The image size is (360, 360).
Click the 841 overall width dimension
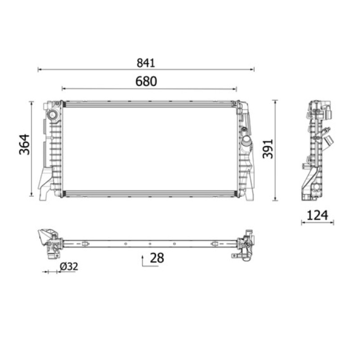(146, 63)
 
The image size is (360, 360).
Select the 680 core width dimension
(146, 81)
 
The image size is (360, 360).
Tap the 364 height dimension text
(24, 144)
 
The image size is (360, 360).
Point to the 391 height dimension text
(268, 149)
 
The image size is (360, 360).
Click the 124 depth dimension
(317, 216)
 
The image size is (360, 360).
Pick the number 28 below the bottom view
(157, 258)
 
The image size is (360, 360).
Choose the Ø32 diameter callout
(69, 266)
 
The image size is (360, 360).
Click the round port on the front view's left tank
(53, 115)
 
